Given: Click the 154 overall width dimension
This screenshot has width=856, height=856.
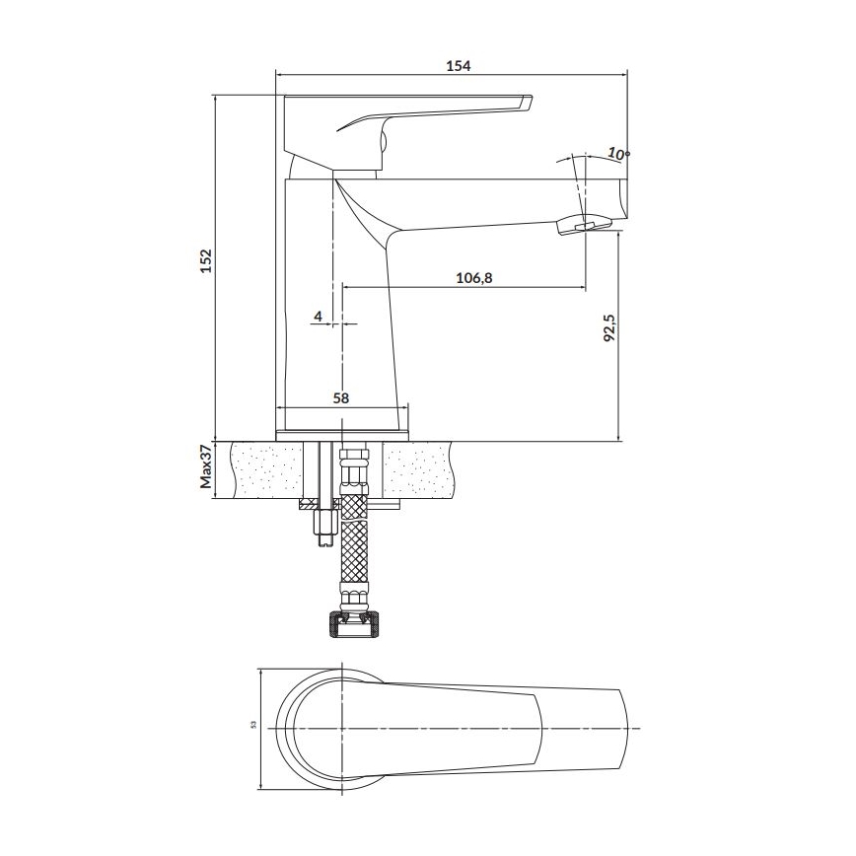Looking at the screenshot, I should click(459, 65).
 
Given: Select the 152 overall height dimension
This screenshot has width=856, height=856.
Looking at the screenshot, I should click(206, 260).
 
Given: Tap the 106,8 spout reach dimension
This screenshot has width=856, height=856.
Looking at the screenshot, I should click(473, 278).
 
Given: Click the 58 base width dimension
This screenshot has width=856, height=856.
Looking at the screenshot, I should click(340, 397).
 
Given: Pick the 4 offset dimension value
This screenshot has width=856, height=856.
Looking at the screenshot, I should click(318, 316).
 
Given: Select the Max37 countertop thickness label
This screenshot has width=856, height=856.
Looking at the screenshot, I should click(206, 467).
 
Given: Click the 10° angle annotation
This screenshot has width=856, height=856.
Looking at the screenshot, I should click(617, 153).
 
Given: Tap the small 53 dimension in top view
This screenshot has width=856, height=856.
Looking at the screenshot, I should click(253, 727).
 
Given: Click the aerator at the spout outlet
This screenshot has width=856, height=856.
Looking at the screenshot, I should click(582, 228).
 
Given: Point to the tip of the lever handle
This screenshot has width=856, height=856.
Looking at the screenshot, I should click(526, 102).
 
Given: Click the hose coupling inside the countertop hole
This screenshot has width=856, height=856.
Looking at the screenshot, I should click(351, 471).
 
